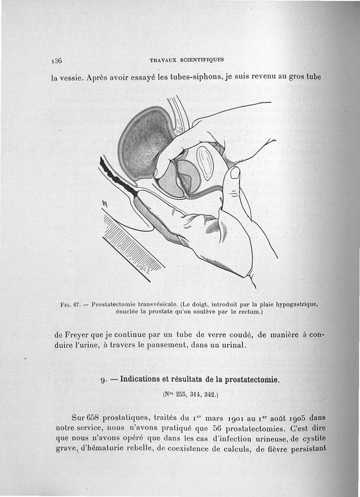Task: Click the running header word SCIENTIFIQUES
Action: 202,59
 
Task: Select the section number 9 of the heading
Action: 103,379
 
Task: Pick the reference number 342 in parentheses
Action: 209,395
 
